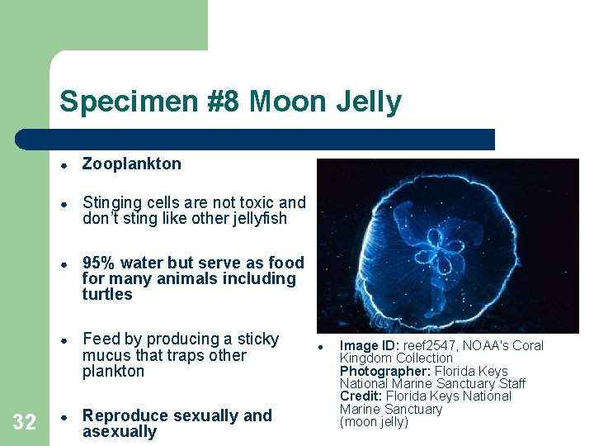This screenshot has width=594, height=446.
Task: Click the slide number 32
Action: coord(25,423)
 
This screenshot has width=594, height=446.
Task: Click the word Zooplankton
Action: coord(131,164)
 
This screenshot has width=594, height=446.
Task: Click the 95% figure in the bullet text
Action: coord(98,263)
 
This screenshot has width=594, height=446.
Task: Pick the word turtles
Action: coord(106,295)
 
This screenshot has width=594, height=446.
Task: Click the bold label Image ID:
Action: coord(370,346)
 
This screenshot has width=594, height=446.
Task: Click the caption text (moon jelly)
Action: coord(375,422)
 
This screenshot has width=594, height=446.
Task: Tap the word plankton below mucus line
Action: coord(113,372)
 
